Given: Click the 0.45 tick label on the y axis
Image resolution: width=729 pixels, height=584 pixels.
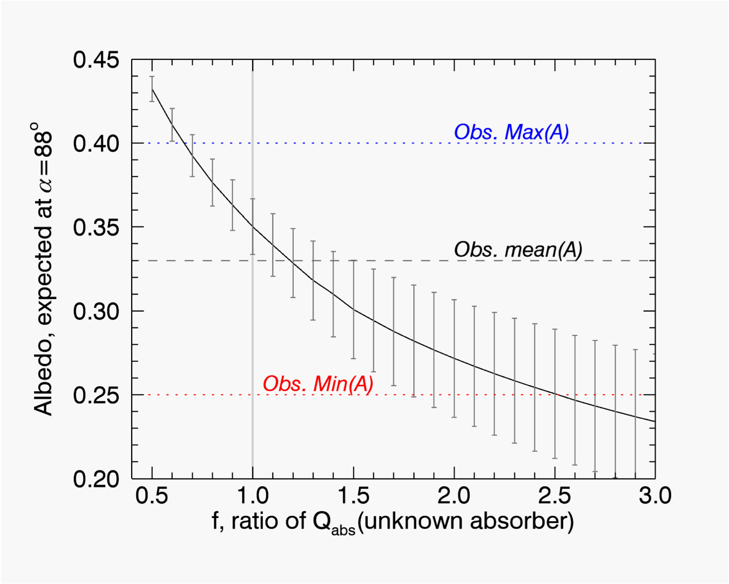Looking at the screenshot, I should [96, 60].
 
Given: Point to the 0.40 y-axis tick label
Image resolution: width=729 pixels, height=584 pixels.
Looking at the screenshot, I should [96, 144].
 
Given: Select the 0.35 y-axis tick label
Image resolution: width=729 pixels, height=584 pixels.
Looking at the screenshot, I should [96, 227].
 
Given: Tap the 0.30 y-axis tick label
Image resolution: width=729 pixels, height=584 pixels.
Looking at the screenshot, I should [96, 311].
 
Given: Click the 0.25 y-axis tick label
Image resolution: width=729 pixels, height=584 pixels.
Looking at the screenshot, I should [96, 395].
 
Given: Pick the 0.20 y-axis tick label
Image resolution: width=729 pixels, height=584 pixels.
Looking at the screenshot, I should [96, 479].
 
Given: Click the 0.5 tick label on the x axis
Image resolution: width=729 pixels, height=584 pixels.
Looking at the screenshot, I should [152, 495].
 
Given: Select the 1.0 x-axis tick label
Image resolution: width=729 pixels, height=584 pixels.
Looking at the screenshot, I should [253, 495].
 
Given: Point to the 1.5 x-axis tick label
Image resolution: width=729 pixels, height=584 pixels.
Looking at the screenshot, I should [353, 495].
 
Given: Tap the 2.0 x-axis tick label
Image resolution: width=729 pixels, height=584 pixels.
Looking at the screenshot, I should [454, 495].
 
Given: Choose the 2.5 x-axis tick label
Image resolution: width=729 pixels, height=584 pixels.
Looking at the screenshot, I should [555, 495].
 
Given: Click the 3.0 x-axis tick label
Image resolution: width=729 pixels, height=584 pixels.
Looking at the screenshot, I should [654, 495].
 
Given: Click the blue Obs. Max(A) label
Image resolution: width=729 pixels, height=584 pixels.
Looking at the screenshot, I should [511, 132].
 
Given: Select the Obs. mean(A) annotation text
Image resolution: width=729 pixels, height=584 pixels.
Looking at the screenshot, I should [518, 250].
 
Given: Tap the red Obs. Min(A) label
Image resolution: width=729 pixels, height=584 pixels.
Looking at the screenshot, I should [318, 384].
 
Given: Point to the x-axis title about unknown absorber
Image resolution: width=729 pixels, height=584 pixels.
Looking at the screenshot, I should [393, 521].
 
